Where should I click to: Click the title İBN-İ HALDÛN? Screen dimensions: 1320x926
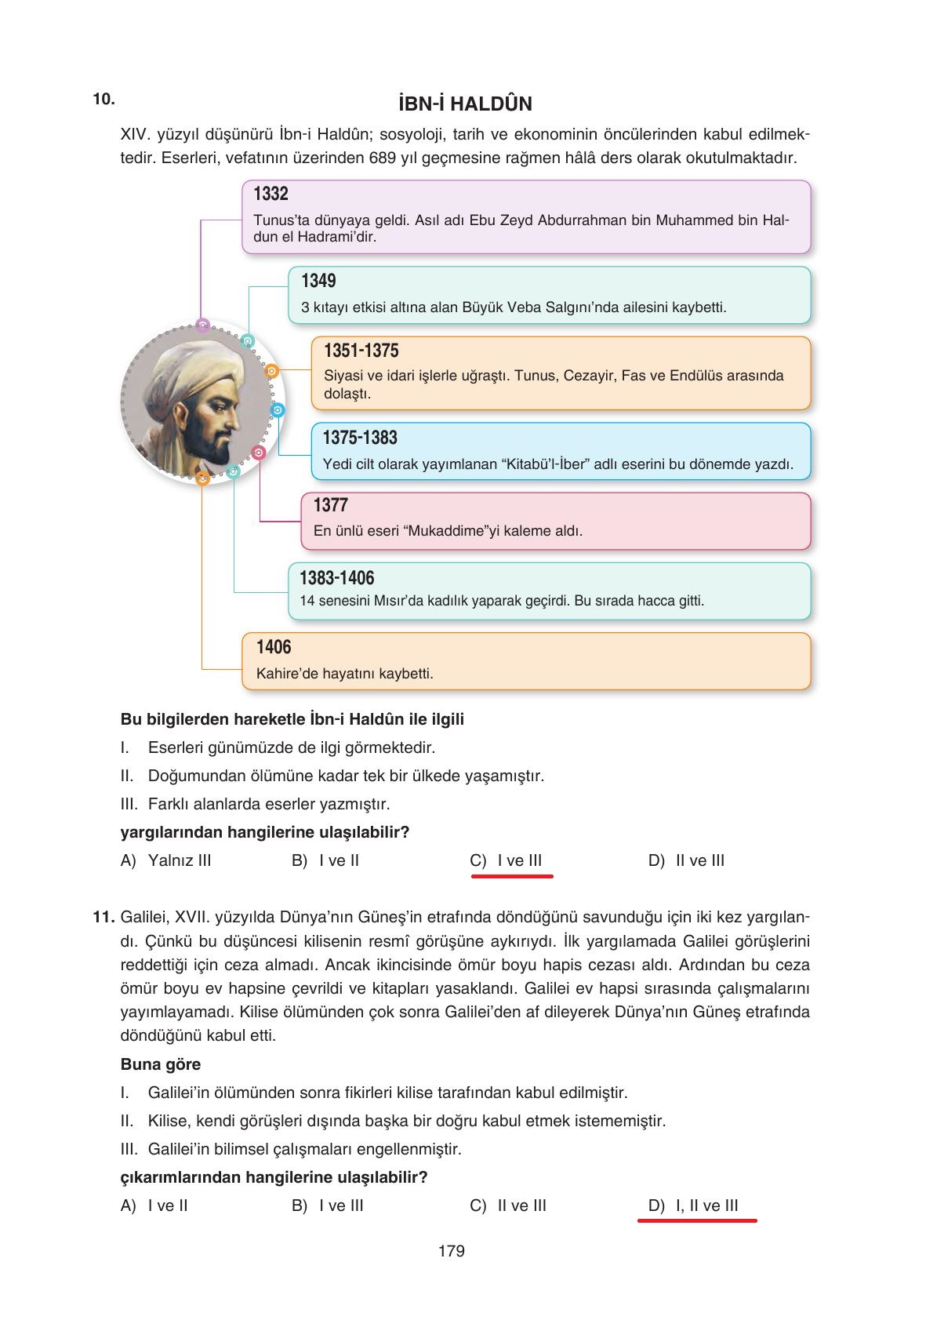[465, 104]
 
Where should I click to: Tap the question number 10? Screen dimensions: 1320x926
[103, 99]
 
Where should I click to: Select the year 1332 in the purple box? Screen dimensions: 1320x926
[271, 194]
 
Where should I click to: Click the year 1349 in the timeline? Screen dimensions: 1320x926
[318, 281]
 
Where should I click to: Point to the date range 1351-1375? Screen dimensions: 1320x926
[361, 351]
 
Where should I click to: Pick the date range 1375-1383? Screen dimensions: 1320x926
[360, 438]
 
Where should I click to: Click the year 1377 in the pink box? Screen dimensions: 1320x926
[330, 505]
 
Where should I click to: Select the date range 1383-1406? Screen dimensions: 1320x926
[336, 578]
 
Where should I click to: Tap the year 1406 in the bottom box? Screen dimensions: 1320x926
[274, 647]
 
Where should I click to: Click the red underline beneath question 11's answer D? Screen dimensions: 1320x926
[697, 1221]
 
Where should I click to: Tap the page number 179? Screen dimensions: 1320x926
[452, 1251]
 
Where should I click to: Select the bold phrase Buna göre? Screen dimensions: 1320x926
[161, 1064]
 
